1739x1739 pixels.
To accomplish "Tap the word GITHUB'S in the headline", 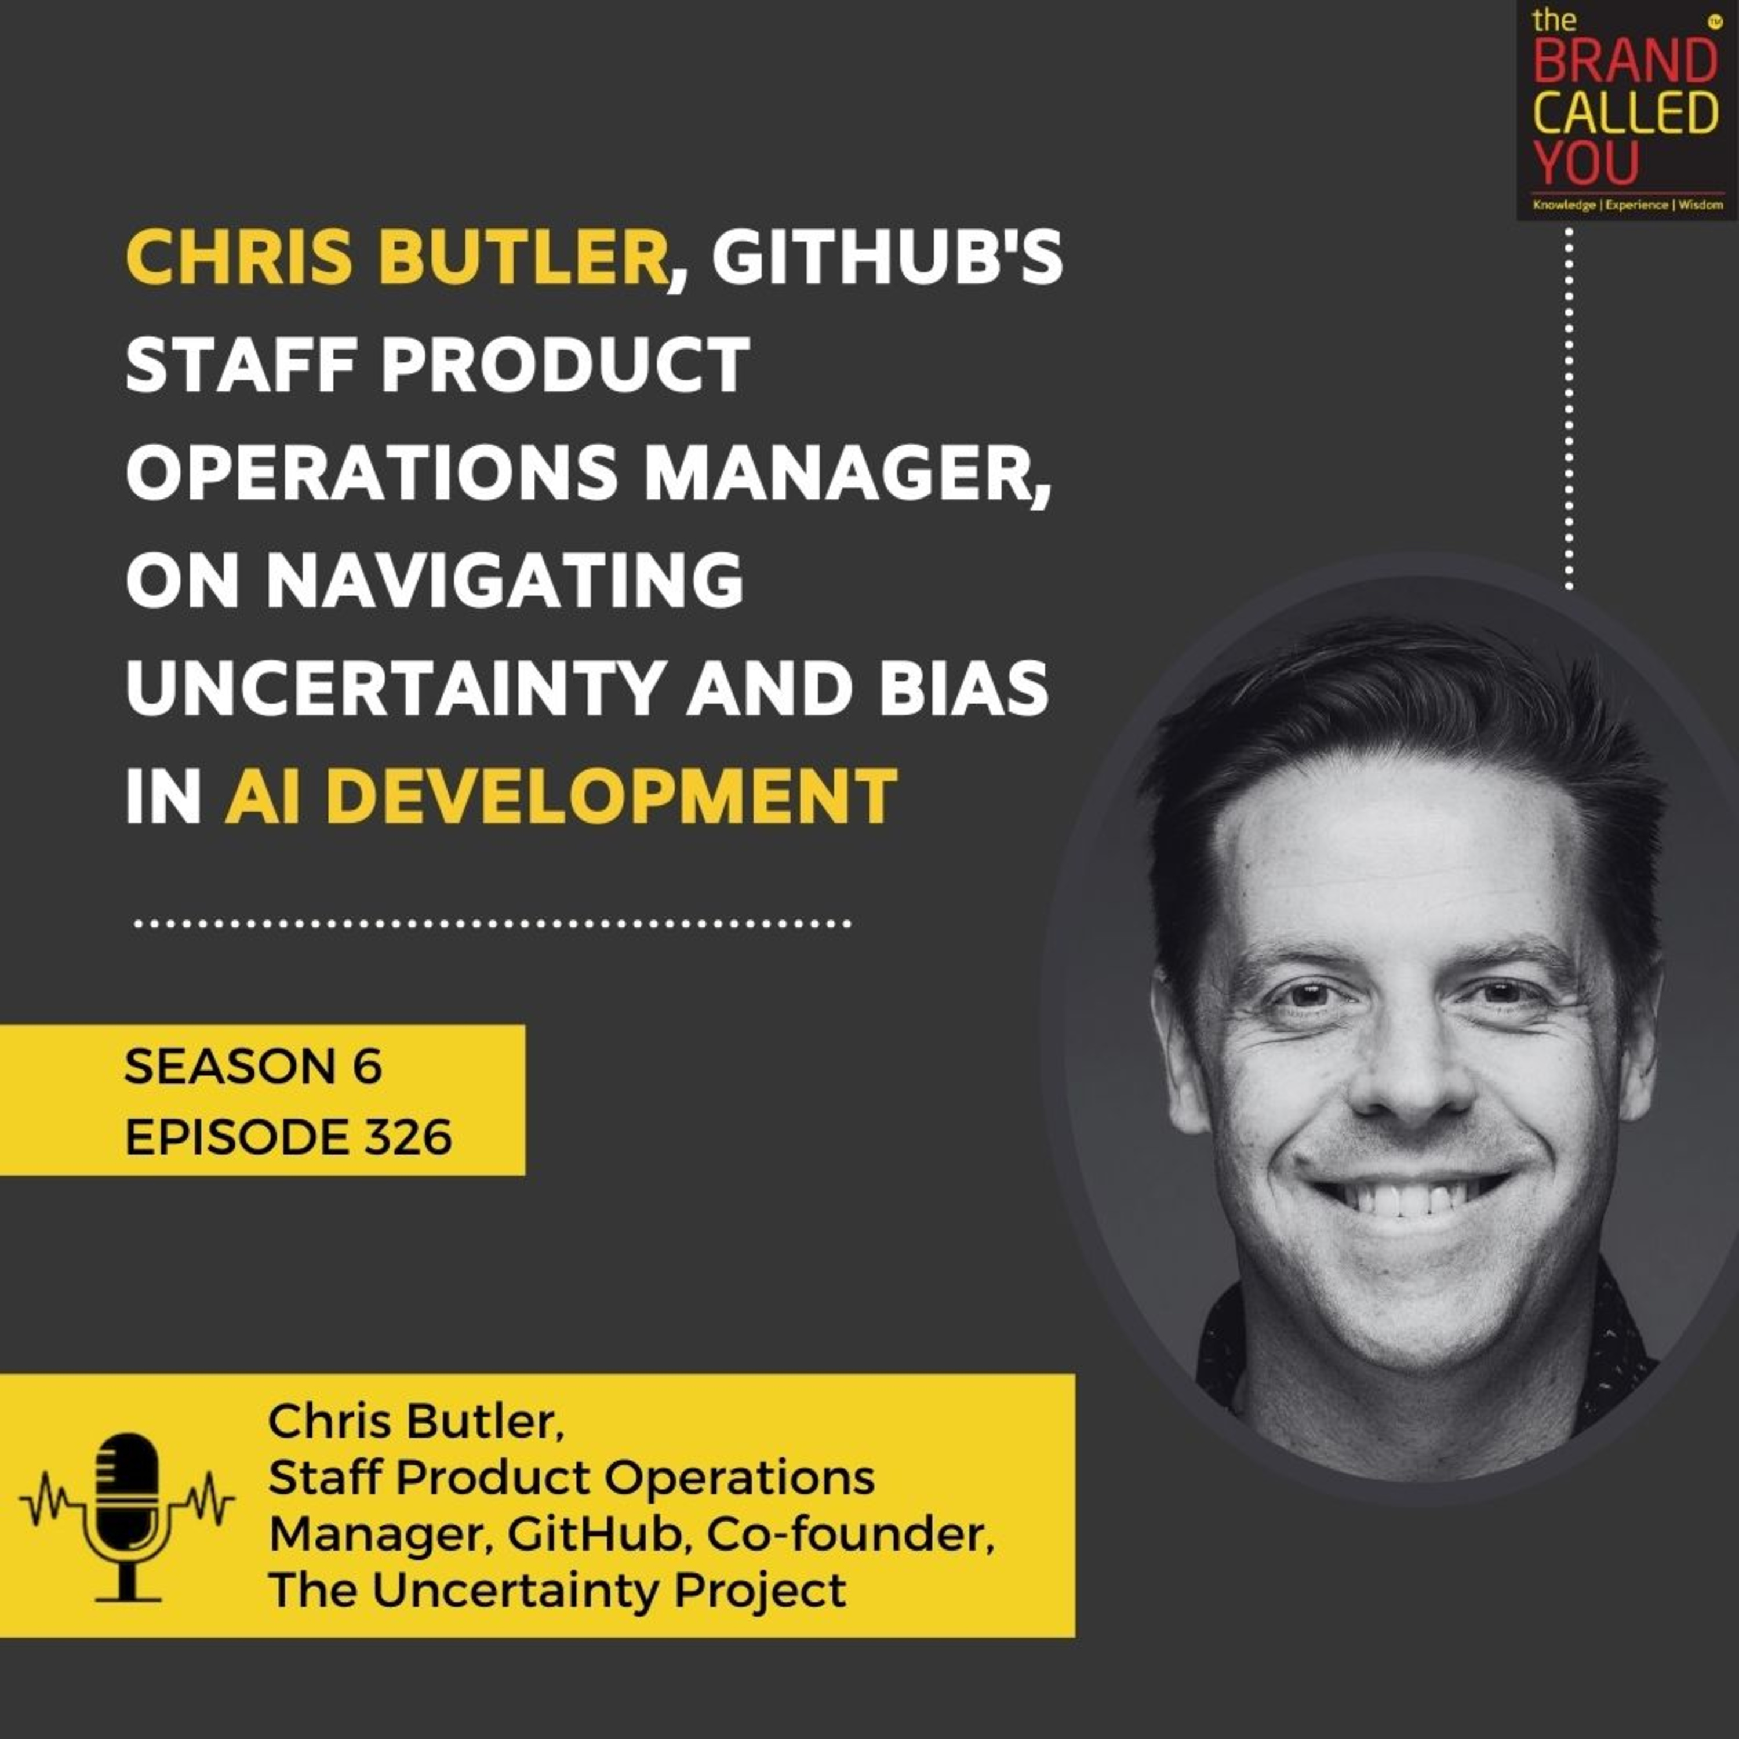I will pyautogui.click(x=887, y=259).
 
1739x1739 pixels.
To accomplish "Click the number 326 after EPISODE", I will pyautogui.click(x=410, y=1138).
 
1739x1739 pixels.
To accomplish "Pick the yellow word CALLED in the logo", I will pyautogui.click(x=1625, y=112).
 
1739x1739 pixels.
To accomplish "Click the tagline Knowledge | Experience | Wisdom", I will pyautogui.click(x=1625, y=205).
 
